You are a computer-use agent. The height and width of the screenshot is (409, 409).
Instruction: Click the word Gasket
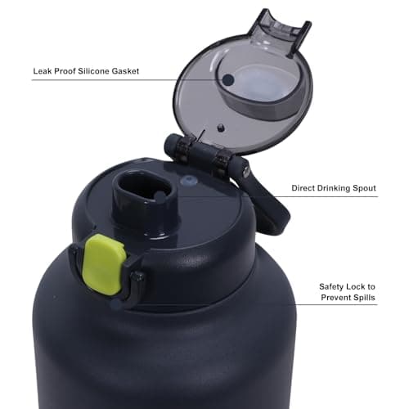point(121,71)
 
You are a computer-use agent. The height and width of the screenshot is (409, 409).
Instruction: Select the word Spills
point(364,298)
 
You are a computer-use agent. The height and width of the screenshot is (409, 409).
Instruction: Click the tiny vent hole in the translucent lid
point(221,126)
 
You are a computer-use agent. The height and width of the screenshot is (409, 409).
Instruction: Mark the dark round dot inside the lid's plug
point(230,79)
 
